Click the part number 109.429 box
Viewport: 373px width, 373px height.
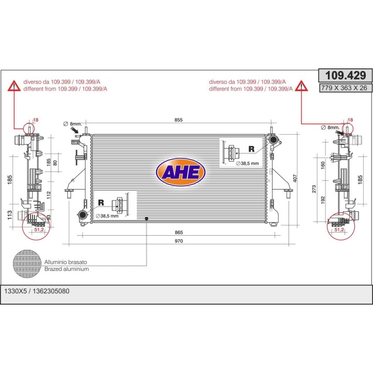click(x=345, y=76)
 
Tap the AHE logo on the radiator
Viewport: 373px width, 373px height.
click(x=181, y=172)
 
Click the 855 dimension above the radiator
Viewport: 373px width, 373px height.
click(x=178, y=120)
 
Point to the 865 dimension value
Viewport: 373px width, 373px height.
click(x=179, y=233)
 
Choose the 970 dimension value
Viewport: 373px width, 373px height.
click(x=179, y=241)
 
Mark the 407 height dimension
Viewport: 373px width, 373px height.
click(x=295, y=178)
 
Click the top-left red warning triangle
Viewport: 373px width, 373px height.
click(x=15, y=86)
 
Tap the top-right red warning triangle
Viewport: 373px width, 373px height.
click(x=301, y=86)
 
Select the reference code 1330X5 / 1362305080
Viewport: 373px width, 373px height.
click(x=37, y=291)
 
